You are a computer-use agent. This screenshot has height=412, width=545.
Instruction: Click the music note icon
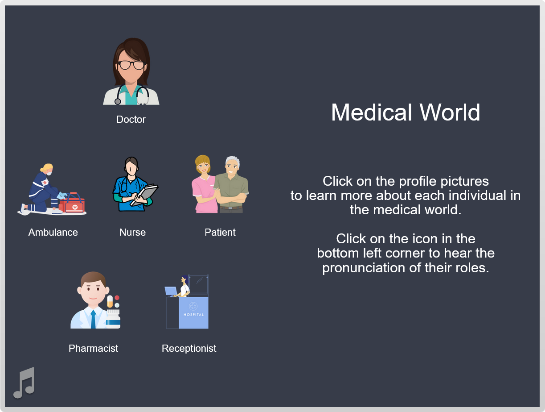tap(25, 383)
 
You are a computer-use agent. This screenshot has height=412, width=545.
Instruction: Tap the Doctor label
tap(131, 119)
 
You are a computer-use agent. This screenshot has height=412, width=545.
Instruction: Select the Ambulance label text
tap(53, 232)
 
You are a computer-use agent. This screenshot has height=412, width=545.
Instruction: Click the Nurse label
tap(132, 232)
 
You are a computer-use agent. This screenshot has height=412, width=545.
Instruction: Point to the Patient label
tap(220, 232)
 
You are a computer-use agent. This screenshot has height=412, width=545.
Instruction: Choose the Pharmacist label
tap(93, 348)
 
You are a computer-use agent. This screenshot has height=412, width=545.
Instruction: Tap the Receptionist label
tap(189, 348)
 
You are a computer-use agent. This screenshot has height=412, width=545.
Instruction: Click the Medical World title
tap(406, 112)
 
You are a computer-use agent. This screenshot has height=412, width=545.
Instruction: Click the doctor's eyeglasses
tap(131, 65)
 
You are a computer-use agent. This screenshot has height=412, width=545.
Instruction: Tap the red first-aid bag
tap(72, 204)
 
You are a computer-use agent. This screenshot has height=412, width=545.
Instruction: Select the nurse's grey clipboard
tap(144, 195)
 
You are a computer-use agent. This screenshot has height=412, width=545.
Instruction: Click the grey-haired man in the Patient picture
tap(231, 184)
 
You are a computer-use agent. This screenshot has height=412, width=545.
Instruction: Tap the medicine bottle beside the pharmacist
tap(113, 319)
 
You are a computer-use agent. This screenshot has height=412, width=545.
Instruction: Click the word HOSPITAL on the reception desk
tap(194, 315)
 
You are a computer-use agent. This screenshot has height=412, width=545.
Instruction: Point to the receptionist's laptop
tap(171, 291)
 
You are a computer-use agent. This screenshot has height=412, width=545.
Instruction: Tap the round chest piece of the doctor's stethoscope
tap(118, 101)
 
